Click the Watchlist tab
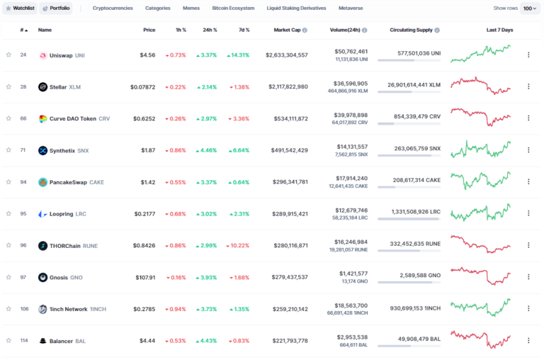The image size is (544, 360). pyautogui.click(x=20, y=9)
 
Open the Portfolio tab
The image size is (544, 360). pyautogui.click(x=56, y=9)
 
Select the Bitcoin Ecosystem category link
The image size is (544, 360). pyautogui.click(x=233, y=8)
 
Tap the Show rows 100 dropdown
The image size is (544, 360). pyautogui.click(x=530, y=9)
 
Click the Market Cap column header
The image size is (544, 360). pyautogui.click(x=287, y=30)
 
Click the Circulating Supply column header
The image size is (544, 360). pyautogui.click(x=411, y=30)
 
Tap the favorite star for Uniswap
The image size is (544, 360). pyautogui.click(x=8, y=55)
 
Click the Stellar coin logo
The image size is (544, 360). pyautogui.click(x=42, y=86)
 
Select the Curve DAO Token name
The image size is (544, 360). pyautogui.click(x=73, y=119)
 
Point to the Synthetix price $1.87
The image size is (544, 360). pyautogui.click(x=148, y=150)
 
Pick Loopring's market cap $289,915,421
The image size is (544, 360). pyautogui.click(x=290, y=214)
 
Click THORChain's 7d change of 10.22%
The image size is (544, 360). pyautogui.click(x=238, y=246)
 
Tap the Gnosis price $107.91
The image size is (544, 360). pyautogui.click(x=145, y=278)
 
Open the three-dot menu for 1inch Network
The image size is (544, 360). pyautogui.click(x=528, y=308)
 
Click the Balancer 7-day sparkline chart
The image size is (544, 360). pyautogui.click(x=480, y=339)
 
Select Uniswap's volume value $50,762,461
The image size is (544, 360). pyautogui.click(x=351, y=52)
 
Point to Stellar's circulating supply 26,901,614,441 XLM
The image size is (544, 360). pyautogui.click(x=414, y=85)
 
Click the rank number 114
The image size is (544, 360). pyautogui.click(x=24, y=341)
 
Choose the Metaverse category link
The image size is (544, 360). pyautogui.click(x=351, y=8)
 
